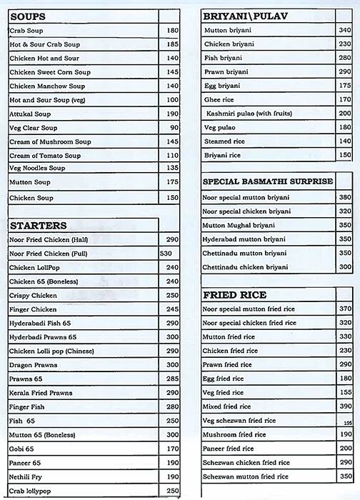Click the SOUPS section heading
29,16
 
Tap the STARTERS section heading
39,225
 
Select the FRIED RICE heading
235,294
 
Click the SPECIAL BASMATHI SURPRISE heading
268,181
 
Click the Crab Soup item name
26,31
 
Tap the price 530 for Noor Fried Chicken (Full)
166,254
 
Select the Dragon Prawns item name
34,365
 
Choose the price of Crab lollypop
171,491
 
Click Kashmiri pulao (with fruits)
249,114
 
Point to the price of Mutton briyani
345,31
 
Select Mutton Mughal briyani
239,225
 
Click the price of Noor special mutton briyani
345,197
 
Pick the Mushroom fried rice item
234,434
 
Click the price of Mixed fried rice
345,406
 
